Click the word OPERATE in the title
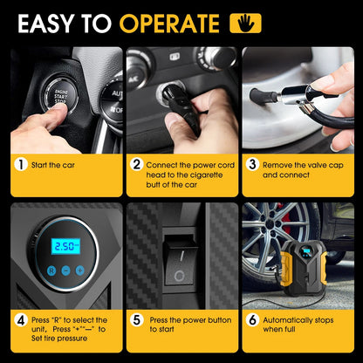(x=169, y=24)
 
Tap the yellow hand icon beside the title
(x=245, y=23)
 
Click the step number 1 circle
(x=21, y=165)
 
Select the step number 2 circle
(x=136, y=165)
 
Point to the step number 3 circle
(x=252, y=165)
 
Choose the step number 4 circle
(x=21, y=320)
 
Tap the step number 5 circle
(x=136, y=320)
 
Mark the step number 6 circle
(x=252, y=320)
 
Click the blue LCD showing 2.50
(x=65, y=246)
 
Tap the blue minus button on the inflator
(x=65, y=271)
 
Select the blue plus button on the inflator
(x=80, y=271)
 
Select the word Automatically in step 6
(x=286, y=320)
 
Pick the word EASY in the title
(x=47, y=24)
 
